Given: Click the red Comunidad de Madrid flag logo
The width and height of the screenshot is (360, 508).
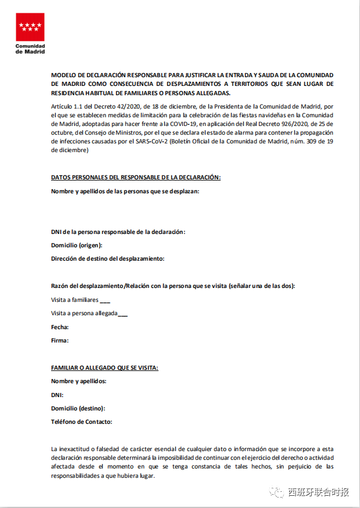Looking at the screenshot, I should pos(30,25).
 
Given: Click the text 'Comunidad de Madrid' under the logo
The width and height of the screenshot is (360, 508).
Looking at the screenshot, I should pos(30,48).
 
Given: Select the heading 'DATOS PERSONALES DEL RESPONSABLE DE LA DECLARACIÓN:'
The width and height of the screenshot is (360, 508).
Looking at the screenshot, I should pos(136,177).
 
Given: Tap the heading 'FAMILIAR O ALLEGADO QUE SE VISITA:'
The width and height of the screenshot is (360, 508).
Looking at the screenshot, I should pos(105,368).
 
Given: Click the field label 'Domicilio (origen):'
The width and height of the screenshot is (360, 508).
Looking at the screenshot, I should pos(77,245).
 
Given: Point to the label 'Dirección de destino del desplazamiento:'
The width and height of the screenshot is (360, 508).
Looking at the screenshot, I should pos(108,258).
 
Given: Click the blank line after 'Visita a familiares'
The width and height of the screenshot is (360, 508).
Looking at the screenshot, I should pos(105,301).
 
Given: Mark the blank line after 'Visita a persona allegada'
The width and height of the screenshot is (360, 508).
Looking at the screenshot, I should pos(123,314).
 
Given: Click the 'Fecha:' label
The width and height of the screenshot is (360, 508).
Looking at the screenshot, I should pos(60,327).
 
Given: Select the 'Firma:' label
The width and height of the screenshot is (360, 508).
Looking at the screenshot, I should pos(60,340).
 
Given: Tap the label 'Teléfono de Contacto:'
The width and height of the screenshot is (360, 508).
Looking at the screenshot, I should pos(82,422).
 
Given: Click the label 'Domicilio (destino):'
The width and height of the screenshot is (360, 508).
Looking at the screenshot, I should pos(78,408).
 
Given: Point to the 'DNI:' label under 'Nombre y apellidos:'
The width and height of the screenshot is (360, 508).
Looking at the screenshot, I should pos(57,395).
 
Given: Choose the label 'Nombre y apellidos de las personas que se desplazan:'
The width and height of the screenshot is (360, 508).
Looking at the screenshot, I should pos(125,191).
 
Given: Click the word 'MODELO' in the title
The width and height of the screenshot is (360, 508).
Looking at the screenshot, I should pos(64,75).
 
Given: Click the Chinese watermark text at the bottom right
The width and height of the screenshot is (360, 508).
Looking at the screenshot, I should pos(319,492).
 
